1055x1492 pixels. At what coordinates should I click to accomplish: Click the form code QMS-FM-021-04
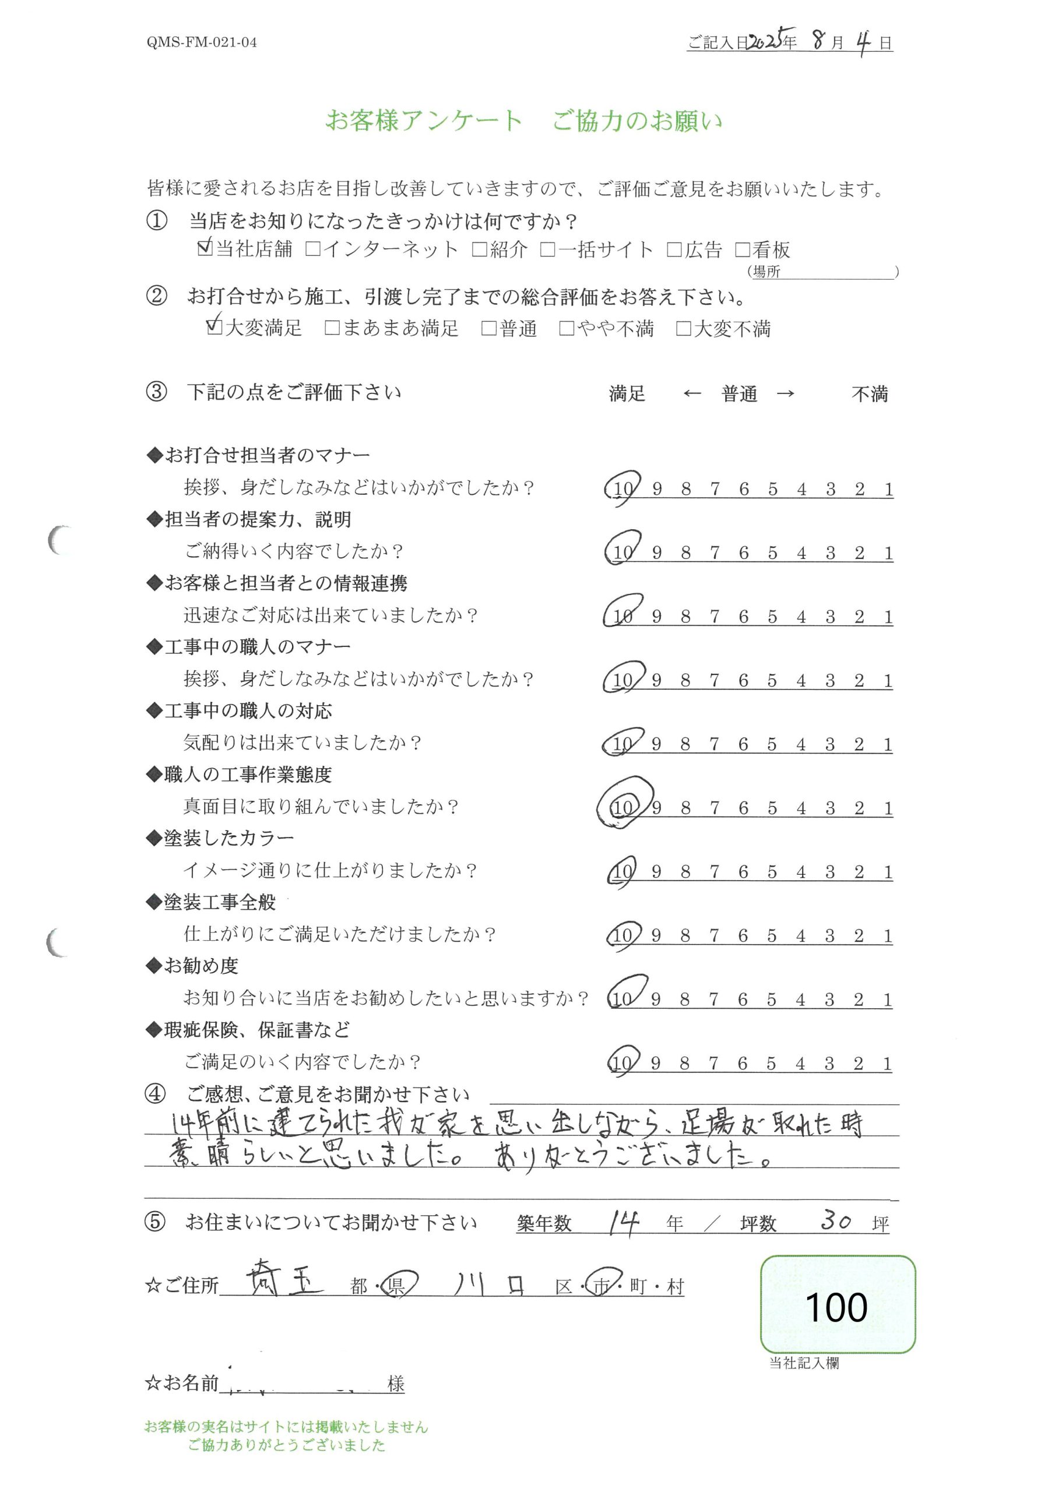coord(202,43)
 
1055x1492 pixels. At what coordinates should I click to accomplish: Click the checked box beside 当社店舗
coord(205,248)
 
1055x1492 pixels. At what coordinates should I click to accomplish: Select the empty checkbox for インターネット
coord(312,249)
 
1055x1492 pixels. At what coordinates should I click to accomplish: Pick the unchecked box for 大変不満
coord(683,329)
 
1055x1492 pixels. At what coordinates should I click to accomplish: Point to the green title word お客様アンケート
coord(423,121)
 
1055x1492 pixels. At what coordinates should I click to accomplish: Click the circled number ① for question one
coord(157,221)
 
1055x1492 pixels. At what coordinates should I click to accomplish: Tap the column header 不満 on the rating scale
coord(869,394)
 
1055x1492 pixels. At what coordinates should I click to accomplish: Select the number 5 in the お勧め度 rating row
coord(771,1000)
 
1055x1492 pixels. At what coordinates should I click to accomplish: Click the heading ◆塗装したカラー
coord(220,838)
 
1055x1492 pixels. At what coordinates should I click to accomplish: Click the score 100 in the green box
coord(836,1307)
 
